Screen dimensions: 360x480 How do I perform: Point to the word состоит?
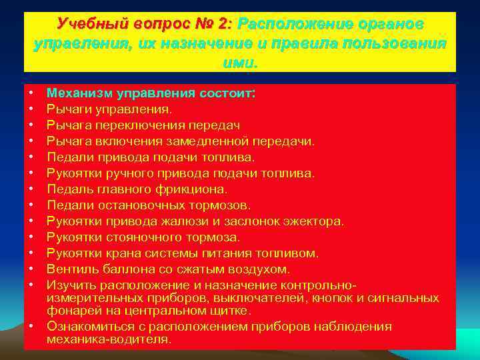point(227,93)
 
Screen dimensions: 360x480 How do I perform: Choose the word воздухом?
point(260,269)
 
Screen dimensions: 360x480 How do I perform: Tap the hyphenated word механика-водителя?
point(109,339)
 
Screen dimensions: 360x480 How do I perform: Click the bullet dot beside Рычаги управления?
point(32,109)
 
